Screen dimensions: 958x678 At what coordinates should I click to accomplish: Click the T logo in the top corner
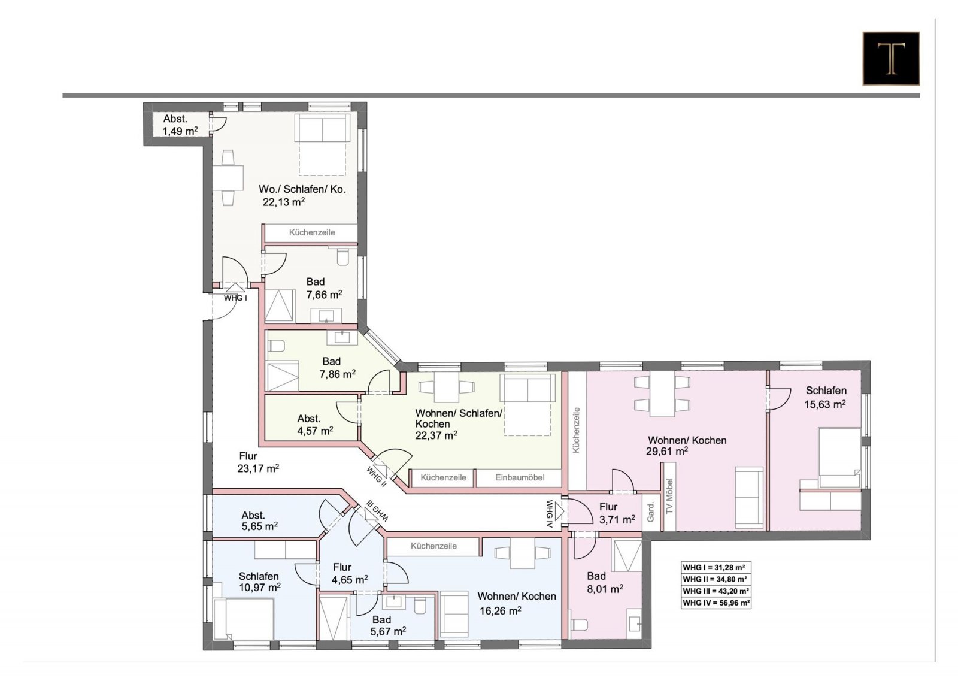pos(891,58)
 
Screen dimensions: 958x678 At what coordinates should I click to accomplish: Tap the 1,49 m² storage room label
pos(180,131)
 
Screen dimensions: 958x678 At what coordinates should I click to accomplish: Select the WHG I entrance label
pos(236,298)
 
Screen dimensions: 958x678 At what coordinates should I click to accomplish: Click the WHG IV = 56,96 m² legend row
pos(716,603)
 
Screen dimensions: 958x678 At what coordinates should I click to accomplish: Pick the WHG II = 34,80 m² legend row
pos(716,579)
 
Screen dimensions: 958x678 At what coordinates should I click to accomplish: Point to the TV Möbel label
pos(669,495)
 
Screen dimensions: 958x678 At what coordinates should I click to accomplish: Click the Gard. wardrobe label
pos(650,512)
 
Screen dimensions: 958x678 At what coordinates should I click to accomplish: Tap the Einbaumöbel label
pos(520,477)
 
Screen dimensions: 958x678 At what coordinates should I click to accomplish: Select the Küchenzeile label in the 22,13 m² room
pos(312,233)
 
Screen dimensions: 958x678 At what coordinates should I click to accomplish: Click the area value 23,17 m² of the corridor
pos(258,468)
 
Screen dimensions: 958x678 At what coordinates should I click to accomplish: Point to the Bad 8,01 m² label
pos(605,583)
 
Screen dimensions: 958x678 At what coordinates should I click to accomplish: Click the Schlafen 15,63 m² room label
pos(826,397)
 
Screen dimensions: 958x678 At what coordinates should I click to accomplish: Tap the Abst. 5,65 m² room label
pos(260,520)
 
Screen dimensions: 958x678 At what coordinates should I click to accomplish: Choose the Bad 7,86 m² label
pos(338,368)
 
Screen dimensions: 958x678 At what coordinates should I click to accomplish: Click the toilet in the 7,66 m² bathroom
pos(342,258)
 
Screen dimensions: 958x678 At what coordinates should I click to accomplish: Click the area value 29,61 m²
pos(667,451)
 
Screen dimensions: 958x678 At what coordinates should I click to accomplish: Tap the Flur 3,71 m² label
pos(617,513)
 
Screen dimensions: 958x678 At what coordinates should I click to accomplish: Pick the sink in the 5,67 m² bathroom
pos(393,602)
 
